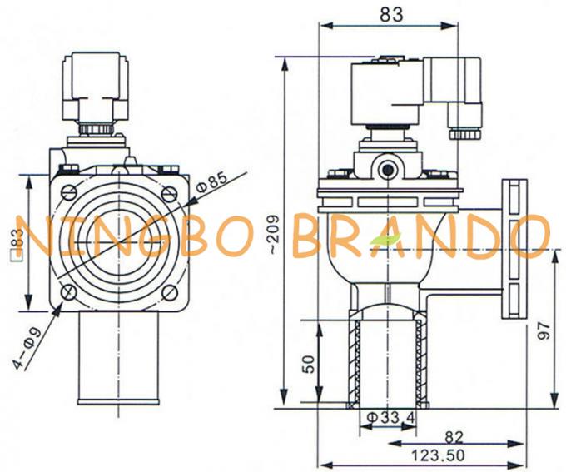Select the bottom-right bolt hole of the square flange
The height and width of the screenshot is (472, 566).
[168, 292]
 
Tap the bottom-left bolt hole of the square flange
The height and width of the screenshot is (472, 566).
[68, 292]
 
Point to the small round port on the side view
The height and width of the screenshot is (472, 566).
[388, 169]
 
